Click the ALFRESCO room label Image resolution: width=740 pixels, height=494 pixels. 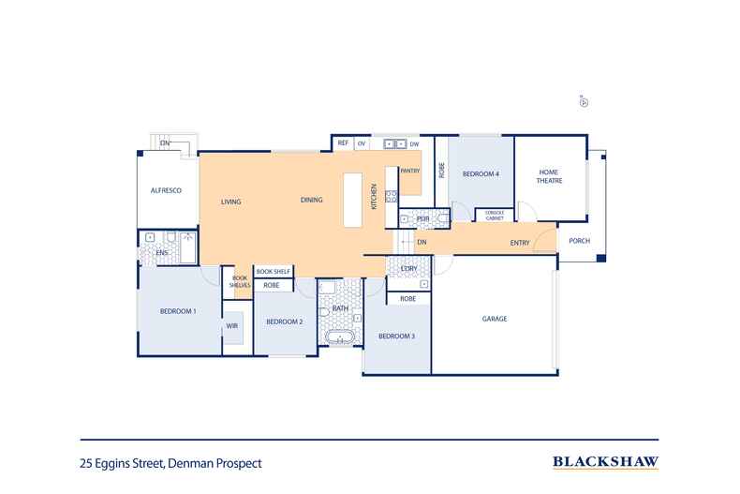pyautogui.click(x=165, y=190)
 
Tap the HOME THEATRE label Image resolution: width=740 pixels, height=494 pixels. pyautogui.click(x=549, y=176)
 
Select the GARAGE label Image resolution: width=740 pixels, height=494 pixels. pyautogui.click(x=495, y=319)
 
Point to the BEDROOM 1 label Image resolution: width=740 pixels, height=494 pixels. pyautogui.click(x=177, y=310)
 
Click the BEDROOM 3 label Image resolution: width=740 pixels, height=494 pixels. pyautogui.click(x=396, y=336)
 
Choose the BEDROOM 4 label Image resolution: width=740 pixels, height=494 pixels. pyautogui.click(x=484, y=174)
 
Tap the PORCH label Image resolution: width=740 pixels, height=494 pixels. pyautogui.click(x=580, y=241)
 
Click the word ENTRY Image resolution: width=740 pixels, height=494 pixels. pyautogui.click(x=520, y=243)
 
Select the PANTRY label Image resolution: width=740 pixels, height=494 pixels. pyautogui.click(x=410, y=171)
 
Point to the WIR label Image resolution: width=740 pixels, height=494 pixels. pyautogui.click(x=230, y=326)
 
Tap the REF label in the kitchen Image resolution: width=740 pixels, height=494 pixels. pyautogui.click(x=343, y=143)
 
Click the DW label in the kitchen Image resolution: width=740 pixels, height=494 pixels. pyautogui.click(x=414, y=143)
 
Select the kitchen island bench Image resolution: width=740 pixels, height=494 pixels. pyautogui.click(x=352, y=200)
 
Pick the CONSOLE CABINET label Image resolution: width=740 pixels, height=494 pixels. pyautogui.click(x=495, y=216)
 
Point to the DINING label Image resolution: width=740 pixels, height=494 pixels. pyautogui.click(x=311, y=201)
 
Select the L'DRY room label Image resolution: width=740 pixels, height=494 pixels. pyautogui.click(x=407, y=269)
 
